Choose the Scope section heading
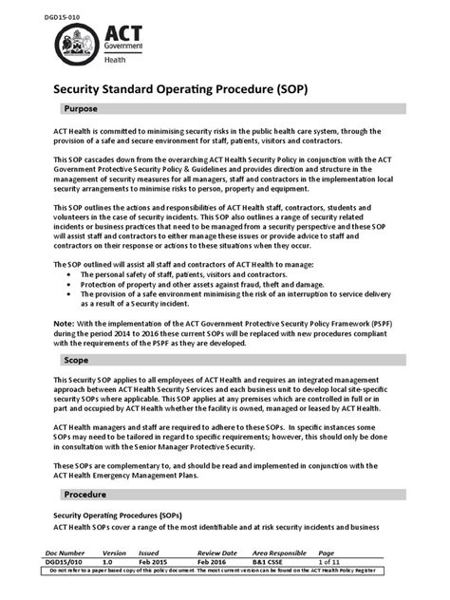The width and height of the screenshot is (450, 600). (x=76, y=361)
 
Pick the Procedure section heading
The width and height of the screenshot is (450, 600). (x=86, y=496)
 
